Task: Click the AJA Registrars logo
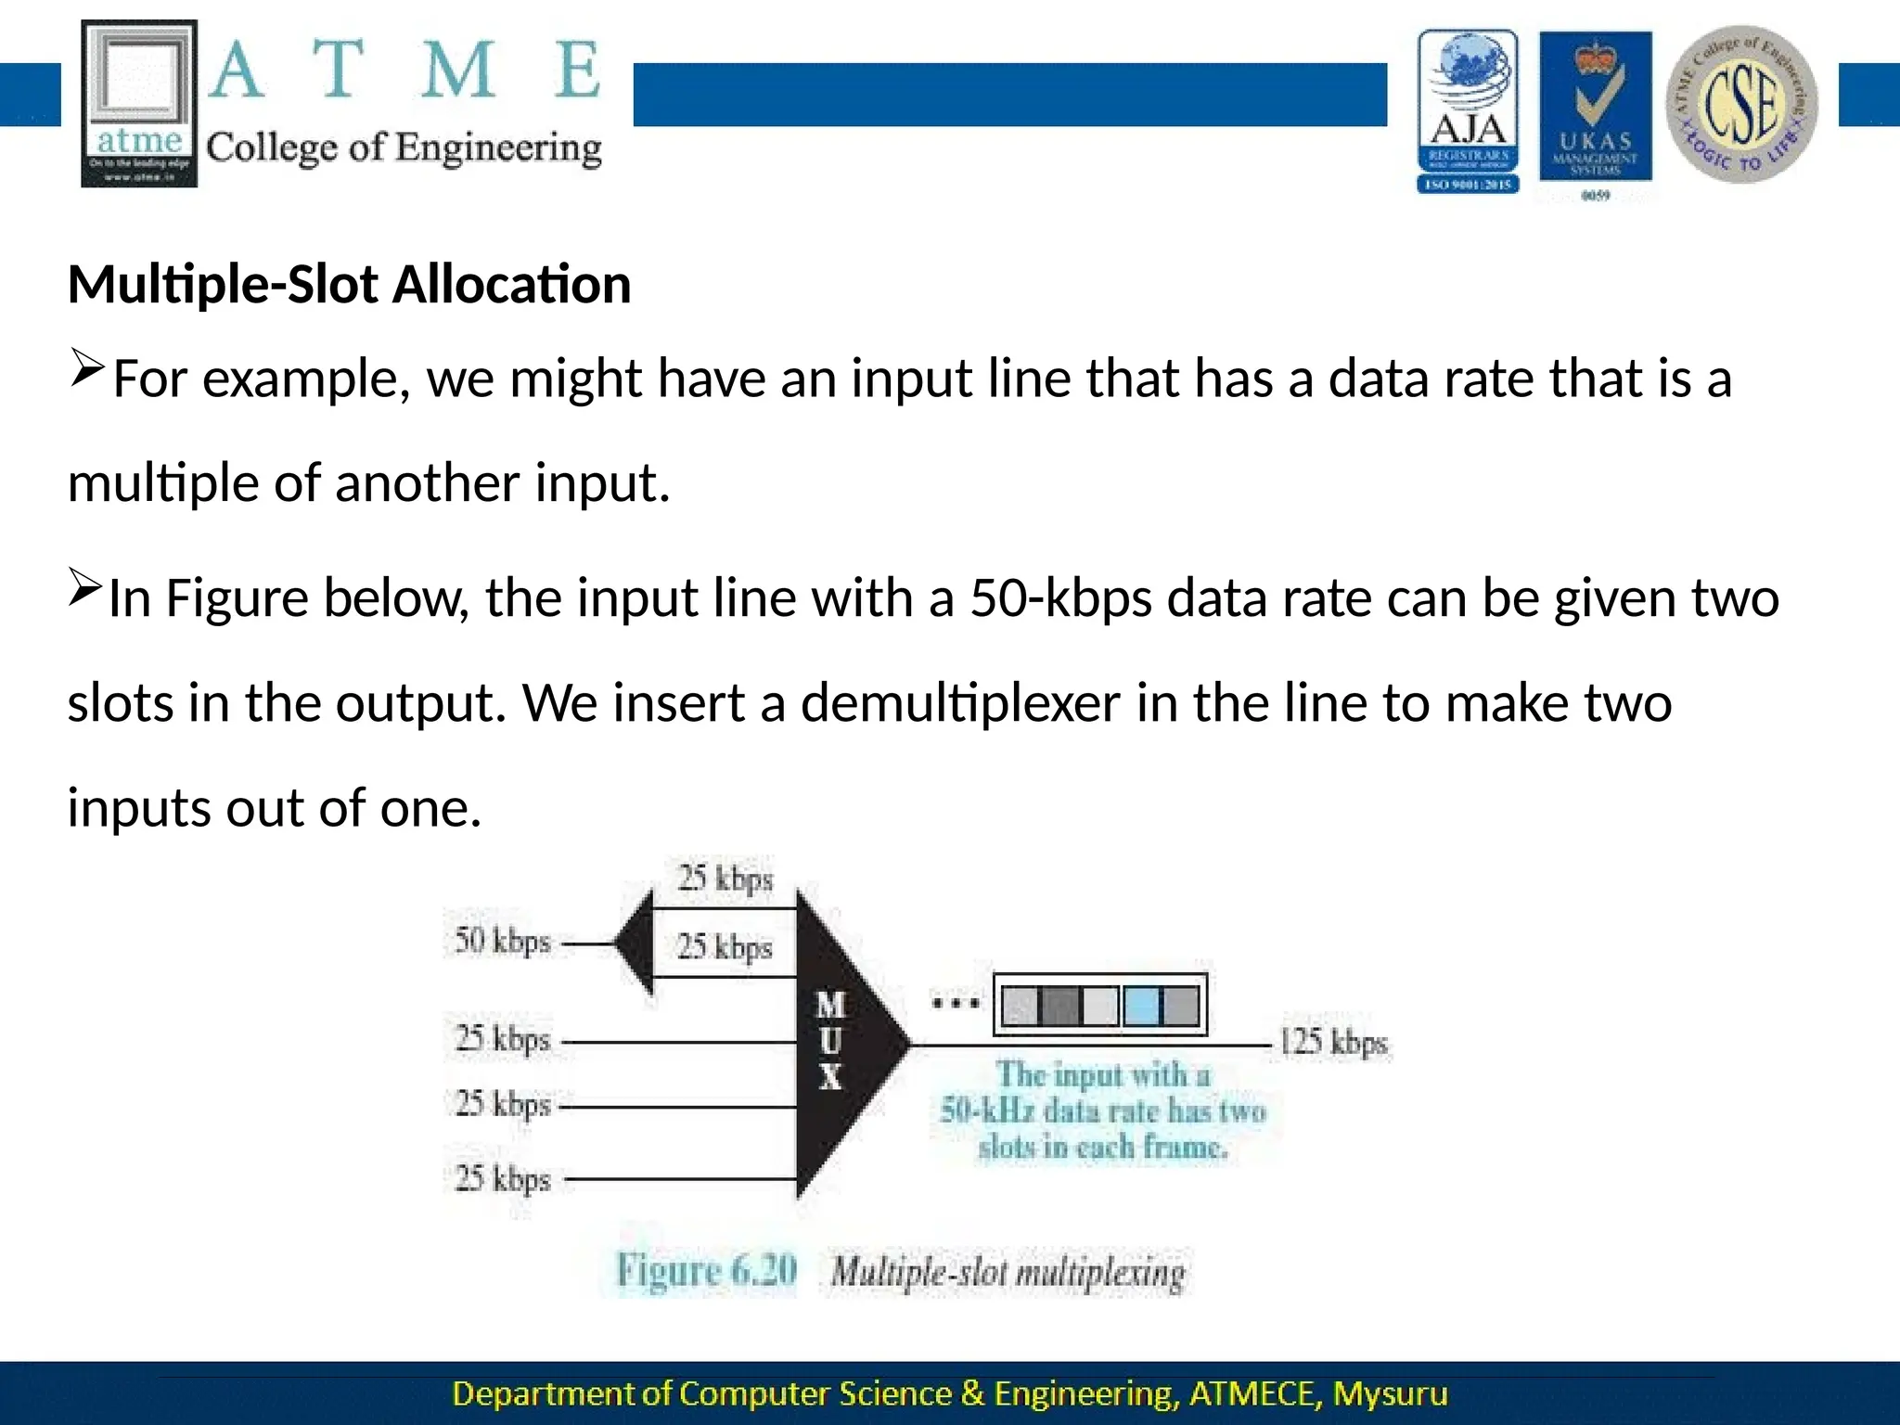tap(1468, 111)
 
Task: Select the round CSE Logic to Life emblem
tap(1741, 104)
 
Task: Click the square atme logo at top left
tap(139, 104)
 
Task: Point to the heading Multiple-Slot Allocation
tap(349, 284)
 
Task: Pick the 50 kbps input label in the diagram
tap(502, 942)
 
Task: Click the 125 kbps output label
tap(1333, 1043)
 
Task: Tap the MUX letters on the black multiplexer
tap(830, 1041)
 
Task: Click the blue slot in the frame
tap(1141, 1006)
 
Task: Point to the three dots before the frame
tap(956, 1003)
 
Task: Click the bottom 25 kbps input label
tap(503, 1179)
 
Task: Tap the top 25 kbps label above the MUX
tap(725, 878)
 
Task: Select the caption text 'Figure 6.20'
tap(707, 1271)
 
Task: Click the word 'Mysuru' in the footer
tap(1390, 1394)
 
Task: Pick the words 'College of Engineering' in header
tap(404, 148)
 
